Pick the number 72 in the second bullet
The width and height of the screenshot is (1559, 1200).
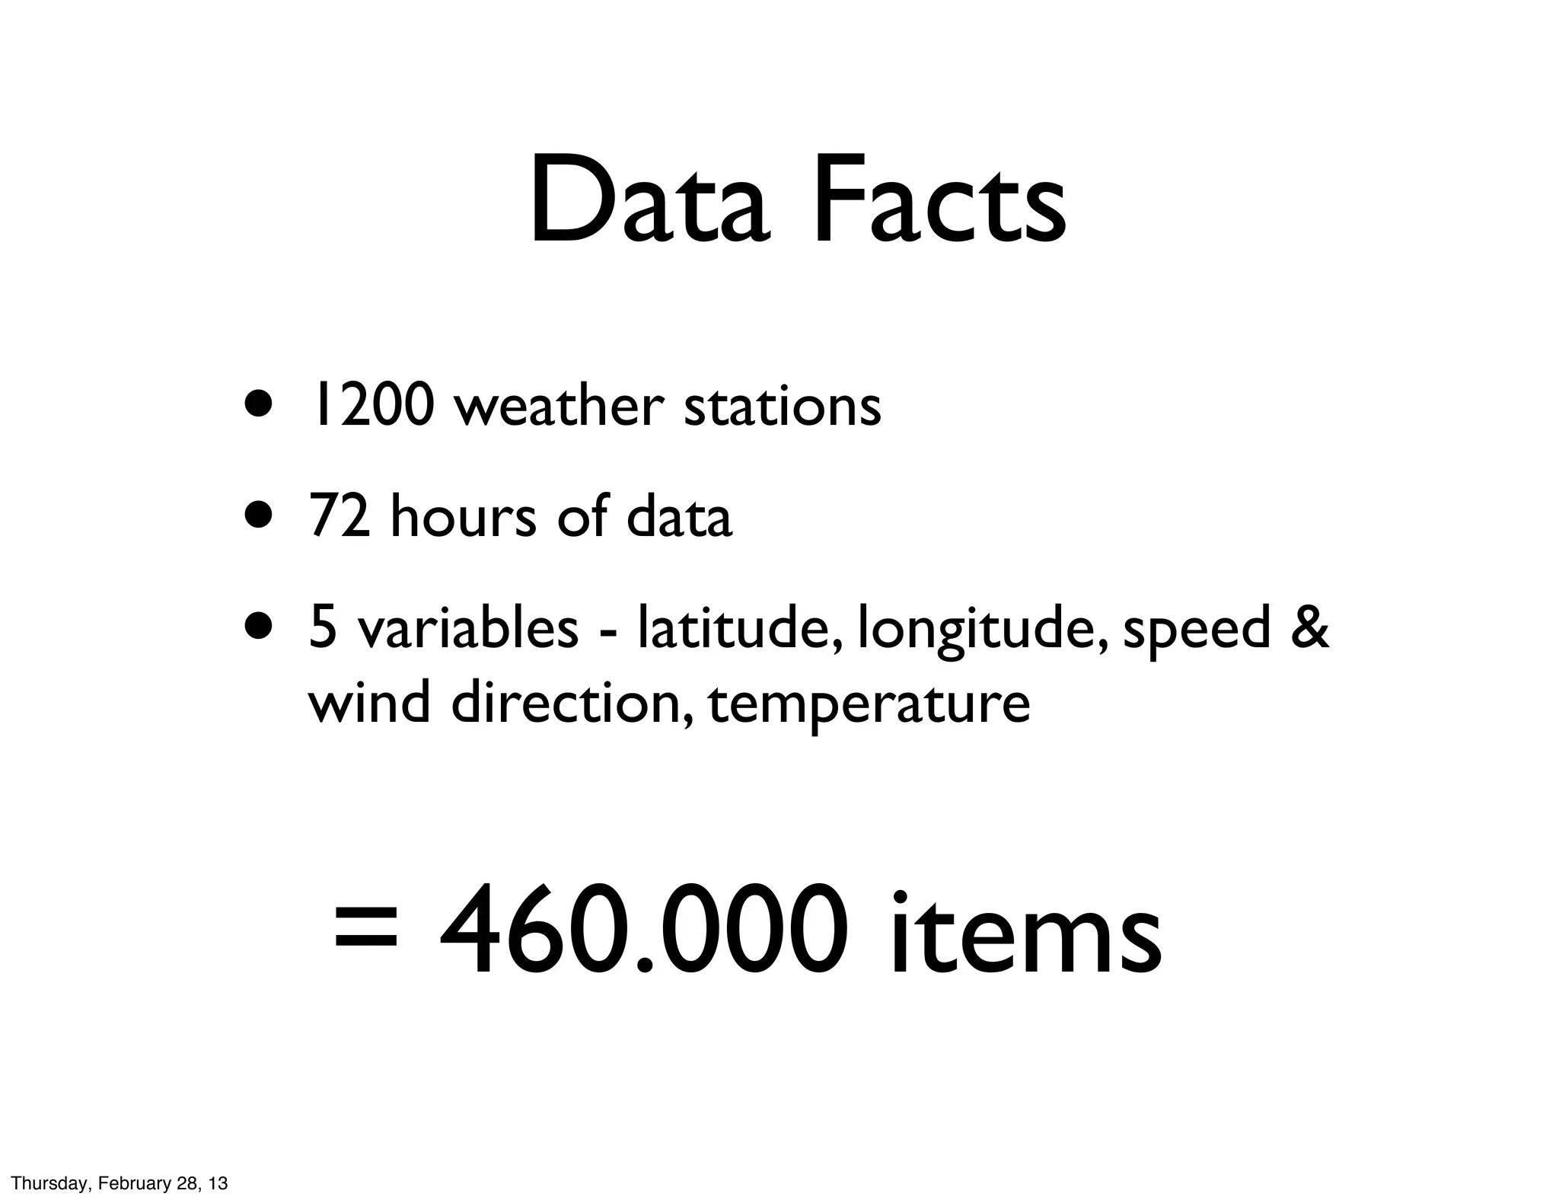[x=340, y=517]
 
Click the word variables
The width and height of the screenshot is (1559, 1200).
[x=467, y=629]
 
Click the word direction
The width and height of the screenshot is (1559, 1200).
[x=571, y=702]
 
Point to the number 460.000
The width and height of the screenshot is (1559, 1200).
[x=642, y=930]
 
